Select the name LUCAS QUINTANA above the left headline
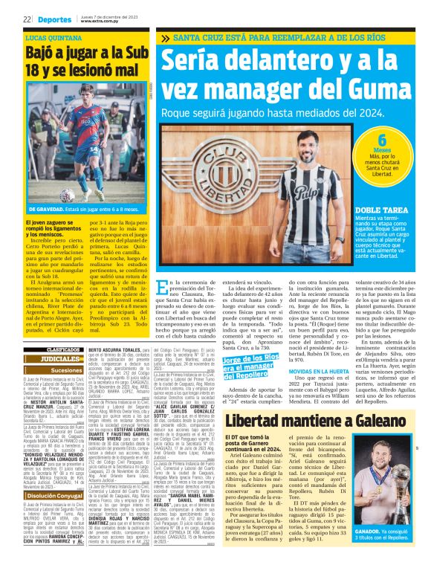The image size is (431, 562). point(54,36)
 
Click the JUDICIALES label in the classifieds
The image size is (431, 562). point(59,358)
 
